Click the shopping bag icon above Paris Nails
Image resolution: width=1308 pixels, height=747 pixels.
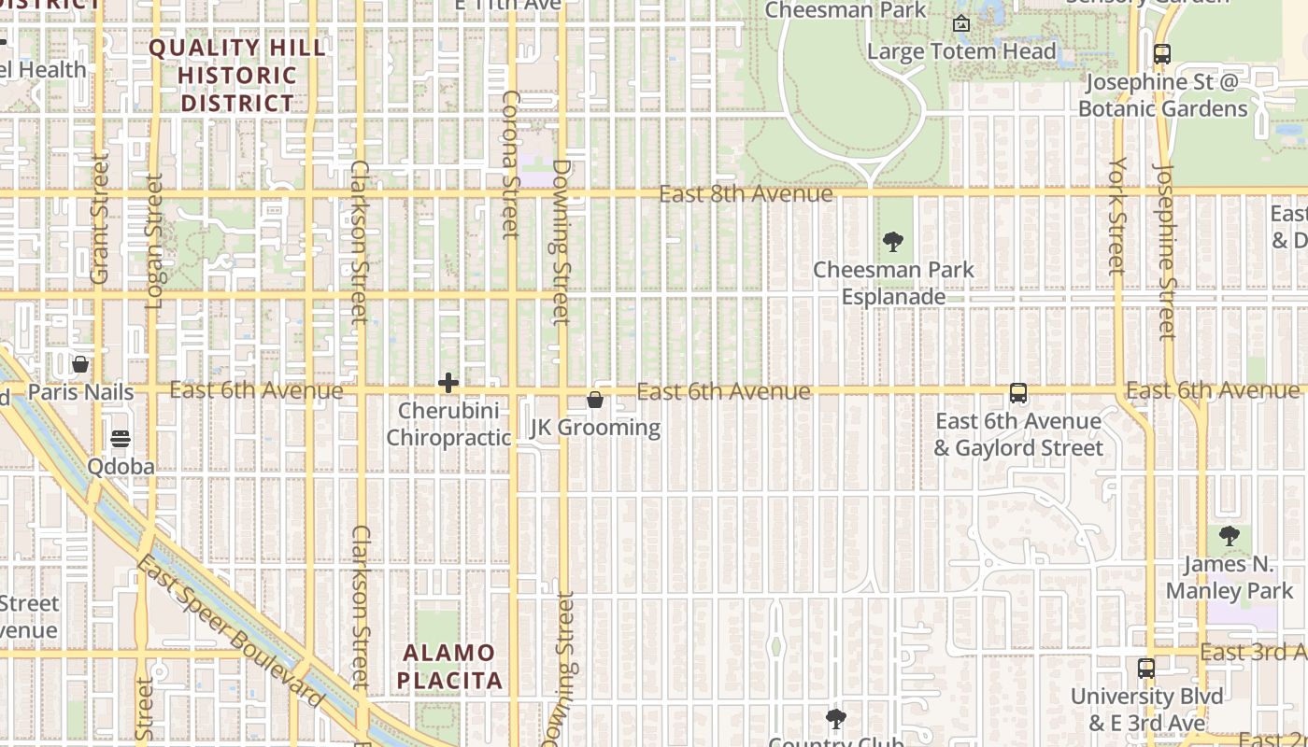[x=80, y=364]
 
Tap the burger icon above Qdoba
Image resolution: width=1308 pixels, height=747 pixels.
[x=121, y=438]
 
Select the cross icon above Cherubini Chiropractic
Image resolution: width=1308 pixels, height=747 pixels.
[x=448, y=383]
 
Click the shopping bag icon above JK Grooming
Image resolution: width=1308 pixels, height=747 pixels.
[x=595, y=400]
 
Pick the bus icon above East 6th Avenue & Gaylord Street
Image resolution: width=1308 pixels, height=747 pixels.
[x=1018, y=394]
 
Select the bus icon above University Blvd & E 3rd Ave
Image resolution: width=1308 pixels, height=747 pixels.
[x=1146, y=669]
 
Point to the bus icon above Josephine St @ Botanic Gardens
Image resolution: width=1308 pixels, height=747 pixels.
[x=1162, y=54]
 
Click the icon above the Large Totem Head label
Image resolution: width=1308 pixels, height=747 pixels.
[x=961, y=23]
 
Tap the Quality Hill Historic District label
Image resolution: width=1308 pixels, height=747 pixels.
[x=237, y=76]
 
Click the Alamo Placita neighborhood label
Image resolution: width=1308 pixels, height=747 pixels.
[x=450, y=667]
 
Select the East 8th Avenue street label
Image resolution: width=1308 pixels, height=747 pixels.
[x=746, y=194]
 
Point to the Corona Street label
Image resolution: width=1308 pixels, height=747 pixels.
[x=510, y=163]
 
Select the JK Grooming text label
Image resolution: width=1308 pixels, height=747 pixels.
[x=595, y=428]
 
